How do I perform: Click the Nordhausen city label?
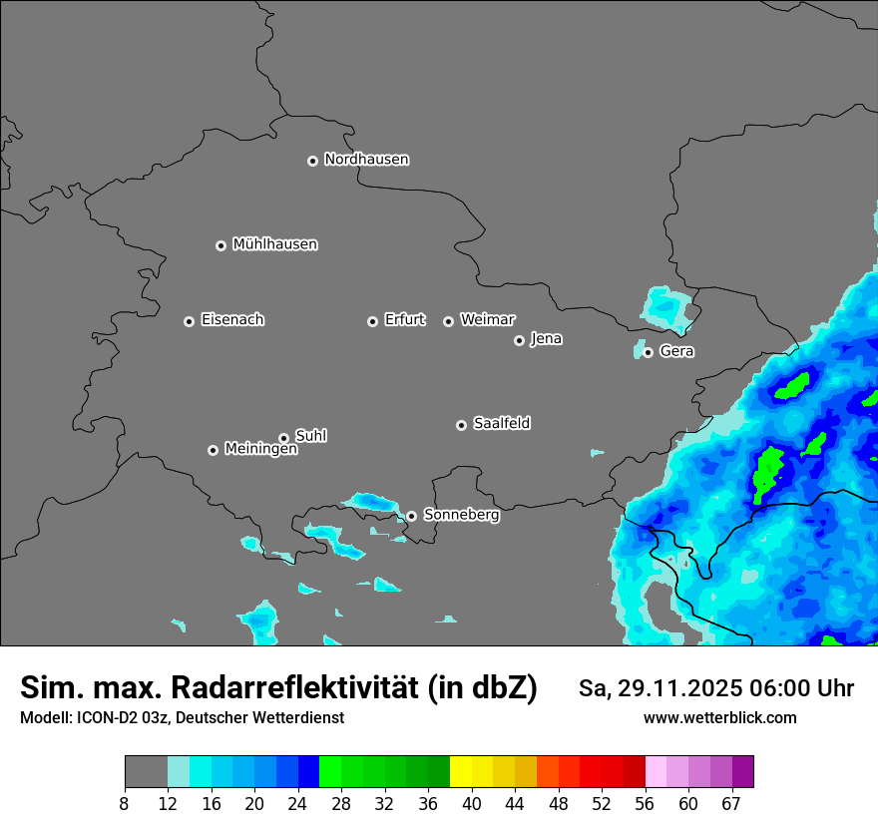(x=366, y=160)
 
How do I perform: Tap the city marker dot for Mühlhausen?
(x=221, y=245)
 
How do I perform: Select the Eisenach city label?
(x=232, y=320)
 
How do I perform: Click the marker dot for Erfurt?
(x=372, y=321)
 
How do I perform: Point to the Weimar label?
(x=487, y=320)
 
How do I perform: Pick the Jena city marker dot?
(x=519, y=340)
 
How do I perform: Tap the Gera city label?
(x=676, y=351)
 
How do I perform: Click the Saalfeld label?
(x=502, y=424)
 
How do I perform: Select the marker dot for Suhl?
(x=283, y=438)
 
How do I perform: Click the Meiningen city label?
(x=260, y=450)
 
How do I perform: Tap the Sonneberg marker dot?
(x=411, y=516)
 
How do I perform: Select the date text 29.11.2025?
(x=666, y=688)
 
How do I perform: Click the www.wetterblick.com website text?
(x=720, y=718)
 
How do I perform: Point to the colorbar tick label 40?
(x=472, y=802)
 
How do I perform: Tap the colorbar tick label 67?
(x=730, y=802)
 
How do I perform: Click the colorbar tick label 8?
(x=125, y=802)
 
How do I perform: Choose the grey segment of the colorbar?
(x=146, y=772)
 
